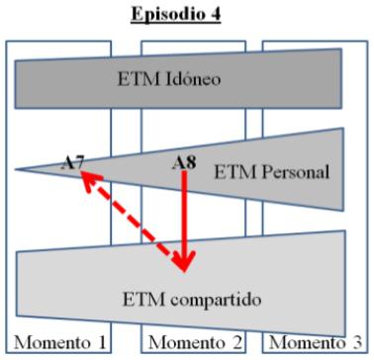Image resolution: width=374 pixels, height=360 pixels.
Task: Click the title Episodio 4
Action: coord(187,17)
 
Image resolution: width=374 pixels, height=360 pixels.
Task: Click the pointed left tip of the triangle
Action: coord(17,169)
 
